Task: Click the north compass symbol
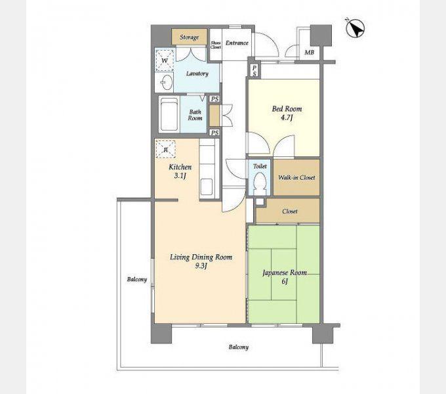[355, 28]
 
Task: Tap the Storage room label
[189, 37]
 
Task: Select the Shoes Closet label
[216, 45]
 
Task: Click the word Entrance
[237, 43]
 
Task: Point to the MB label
[310, 53]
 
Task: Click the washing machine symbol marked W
[165, 60]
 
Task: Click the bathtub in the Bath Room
[169, 114]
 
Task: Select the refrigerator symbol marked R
[165, 149]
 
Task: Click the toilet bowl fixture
[260, 182]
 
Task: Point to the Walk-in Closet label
[296, 178]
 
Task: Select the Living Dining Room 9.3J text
[201, 261]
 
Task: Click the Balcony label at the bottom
[239, 347]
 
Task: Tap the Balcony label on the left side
[137, 280]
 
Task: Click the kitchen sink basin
[206, 186]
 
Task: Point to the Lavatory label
[197, 74]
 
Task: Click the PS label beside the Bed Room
[254, 71]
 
